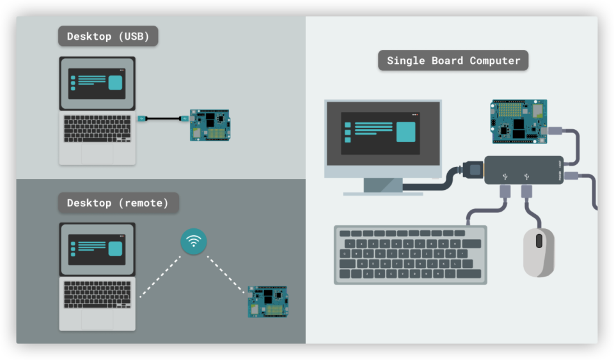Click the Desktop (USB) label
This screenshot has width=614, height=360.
point(108,36)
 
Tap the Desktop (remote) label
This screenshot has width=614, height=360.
point(118,203)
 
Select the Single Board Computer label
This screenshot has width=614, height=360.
point(453,61)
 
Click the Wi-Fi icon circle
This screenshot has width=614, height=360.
point(193,242)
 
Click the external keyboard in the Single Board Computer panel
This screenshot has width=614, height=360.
point(410,254)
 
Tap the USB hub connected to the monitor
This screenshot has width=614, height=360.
point(523,171)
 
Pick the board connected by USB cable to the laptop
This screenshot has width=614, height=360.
point(209,125)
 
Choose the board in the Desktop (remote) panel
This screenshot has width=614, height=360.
point(267,302)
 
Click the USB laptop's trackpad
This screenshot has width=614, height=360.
point(97,153)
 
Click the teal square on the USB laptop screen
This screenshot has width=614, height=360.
point(115,83)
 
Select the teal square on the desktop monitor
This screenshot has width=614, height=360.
point(405,131)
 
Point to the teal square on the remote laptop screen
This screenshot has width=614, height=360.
point(115,249)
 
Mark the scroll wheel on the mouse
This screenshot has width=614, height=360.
point(539,241)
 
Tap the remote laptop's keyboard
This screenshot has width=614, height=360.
point(97,294)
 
